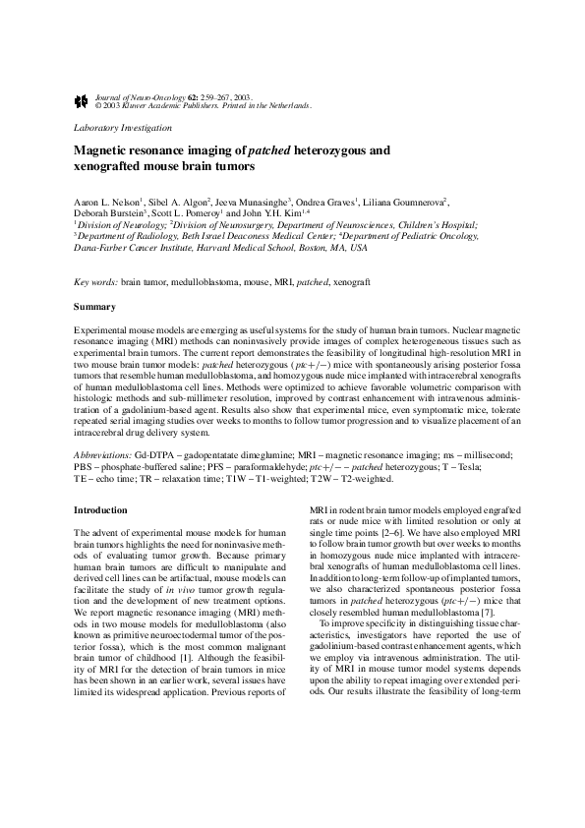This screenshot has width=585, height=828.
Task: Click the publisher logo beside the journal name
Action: tap(81, 100)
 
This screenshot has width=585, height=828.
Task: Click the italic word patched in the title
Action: tap(279, 151)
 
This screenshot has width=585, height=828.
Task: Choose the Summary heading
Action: tap(94, 308)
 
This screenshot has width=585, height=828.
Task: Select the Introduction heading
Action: tap(101, 510)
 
